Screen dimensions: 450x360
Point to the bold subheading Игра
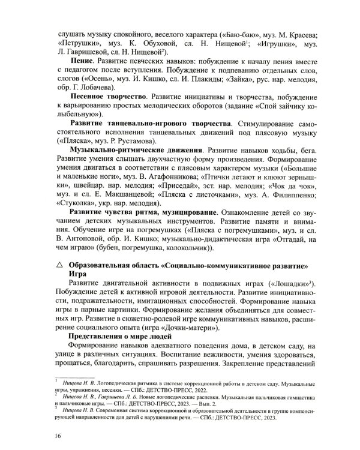78,274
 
